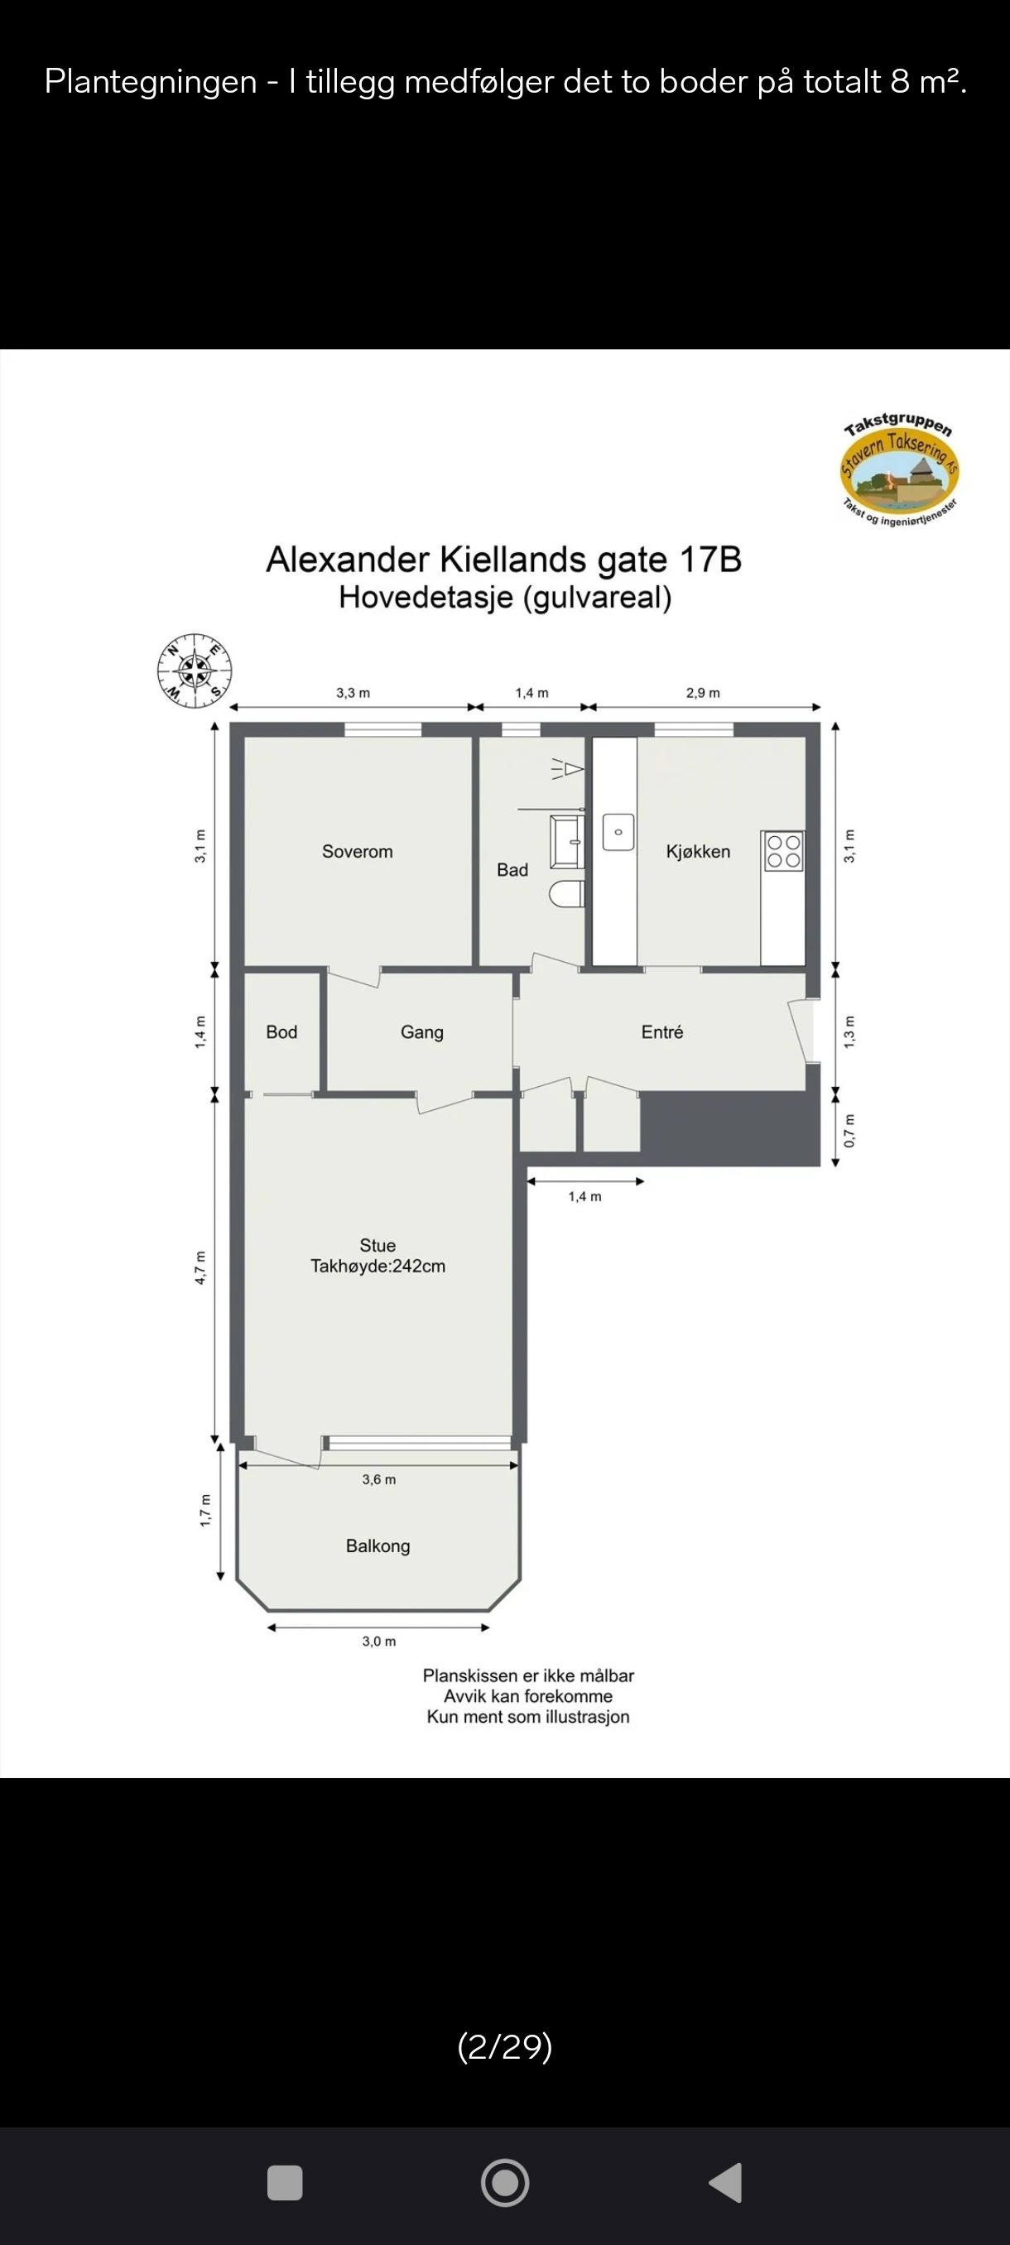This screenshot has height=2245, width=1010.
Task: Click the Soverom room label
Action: tap(358, 852)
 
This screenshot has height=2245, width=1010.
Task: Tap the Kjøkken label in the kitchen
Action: tap(698, 852)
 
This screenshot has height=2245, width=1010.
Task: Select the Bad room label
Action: tap(512, 870)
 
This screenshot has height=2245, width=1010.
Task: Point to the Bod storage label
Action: tap(281, 1032)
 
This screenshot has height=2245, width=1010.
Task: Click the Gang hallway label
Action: tap(421, 1033)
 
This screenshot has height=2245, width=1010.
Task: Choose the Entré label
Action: tap(662, 1032)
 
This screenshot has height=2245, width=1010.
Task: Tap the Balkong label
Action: tap(378, 1546)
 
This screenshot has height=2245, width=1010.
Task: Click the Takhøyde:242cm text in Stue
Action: tap(378, 1267)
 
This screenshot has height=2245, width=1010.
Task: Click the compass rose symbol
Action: tap(195, 671)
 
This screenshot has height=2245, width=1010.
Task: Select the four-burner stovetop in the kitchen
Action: tap(782, 852)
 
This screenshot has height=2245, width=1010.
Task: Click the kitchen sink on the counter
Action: tap(618, 832)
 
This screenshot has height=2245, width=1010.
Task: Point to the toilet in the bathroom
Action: tap(567, 894)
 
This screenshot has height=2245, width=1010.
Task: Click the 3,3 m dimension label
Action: tap(353, 693)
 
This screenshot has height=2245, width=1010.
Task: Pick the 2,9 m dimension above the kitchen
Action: tap(702, 693)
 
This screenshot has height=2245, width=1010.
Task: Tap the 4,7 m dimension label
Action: tap(200, 1267)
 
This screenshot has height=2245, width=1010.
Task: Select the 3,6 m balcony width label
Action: tap(379, 1479)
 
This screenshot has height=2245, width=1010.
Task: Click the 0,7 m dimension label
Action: tap(849, 1130)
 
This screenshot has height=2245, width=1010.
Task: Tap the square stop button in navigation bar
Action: tap(285, 2183)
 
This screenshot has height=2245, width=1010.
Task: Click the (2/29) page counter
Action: tap(504, 2045)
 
